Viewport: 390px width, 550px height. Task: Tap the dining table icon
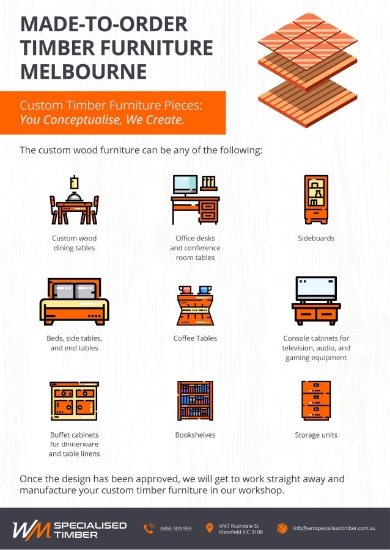point(74,201)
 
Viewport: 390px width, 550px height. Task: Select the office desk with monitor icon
point(194,200)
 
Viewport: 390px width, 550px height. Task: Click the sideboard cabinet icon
point(316,200)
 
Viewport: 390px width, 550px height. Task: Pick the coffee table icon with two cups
point(195,305)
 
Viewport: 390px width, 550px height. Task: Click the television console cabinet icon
point(316,301)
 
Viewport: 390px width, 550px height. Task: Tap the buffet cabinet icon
point(74,401)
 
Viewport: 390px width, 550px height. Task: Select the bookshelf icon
point(195,400)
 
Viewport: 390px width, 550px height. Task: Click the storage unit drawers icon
point(316,400)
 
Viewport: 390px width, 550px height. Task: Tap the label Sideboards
point(316,238)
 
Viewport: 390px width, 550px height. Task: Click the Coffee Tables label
point(195,338)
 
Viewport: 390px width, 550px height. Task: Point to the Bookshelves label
point(195,435)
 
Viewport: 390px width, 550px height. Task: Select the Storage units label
point(316,435)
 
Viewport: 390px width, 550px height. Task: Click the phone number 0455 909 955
point(176,529)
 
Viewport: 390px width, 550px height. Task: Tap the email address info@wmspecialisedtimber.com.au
point(334,528)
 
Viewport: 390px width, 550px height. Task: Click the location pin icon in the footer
point(210,528)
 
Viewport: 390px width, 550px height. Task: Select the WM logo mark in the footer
point(31,529)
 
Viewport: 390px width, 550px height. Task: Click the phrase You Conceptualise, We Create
point(101,120)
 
